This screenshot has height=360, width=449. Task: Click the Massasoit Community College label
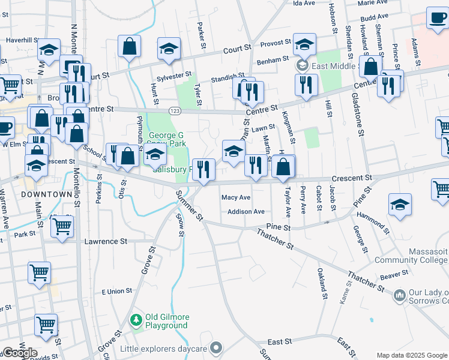pos(411,256)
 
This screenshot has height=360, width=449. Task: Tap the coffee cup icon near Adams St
pos(436,17)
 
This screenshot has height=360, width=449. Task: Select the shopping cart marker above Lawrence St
pos(61,226)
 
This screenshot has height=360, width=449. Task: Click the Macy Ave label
pos(235,197)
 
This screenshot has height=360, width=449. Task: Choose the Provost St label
pos(276,43)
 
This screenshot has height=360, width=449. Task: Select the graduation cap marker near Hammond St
pos(400,204)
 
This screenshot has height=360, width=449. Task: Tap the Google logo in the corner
pos(20,353)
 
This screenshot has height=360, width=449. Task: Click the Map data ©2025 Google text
pos(412,355)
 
